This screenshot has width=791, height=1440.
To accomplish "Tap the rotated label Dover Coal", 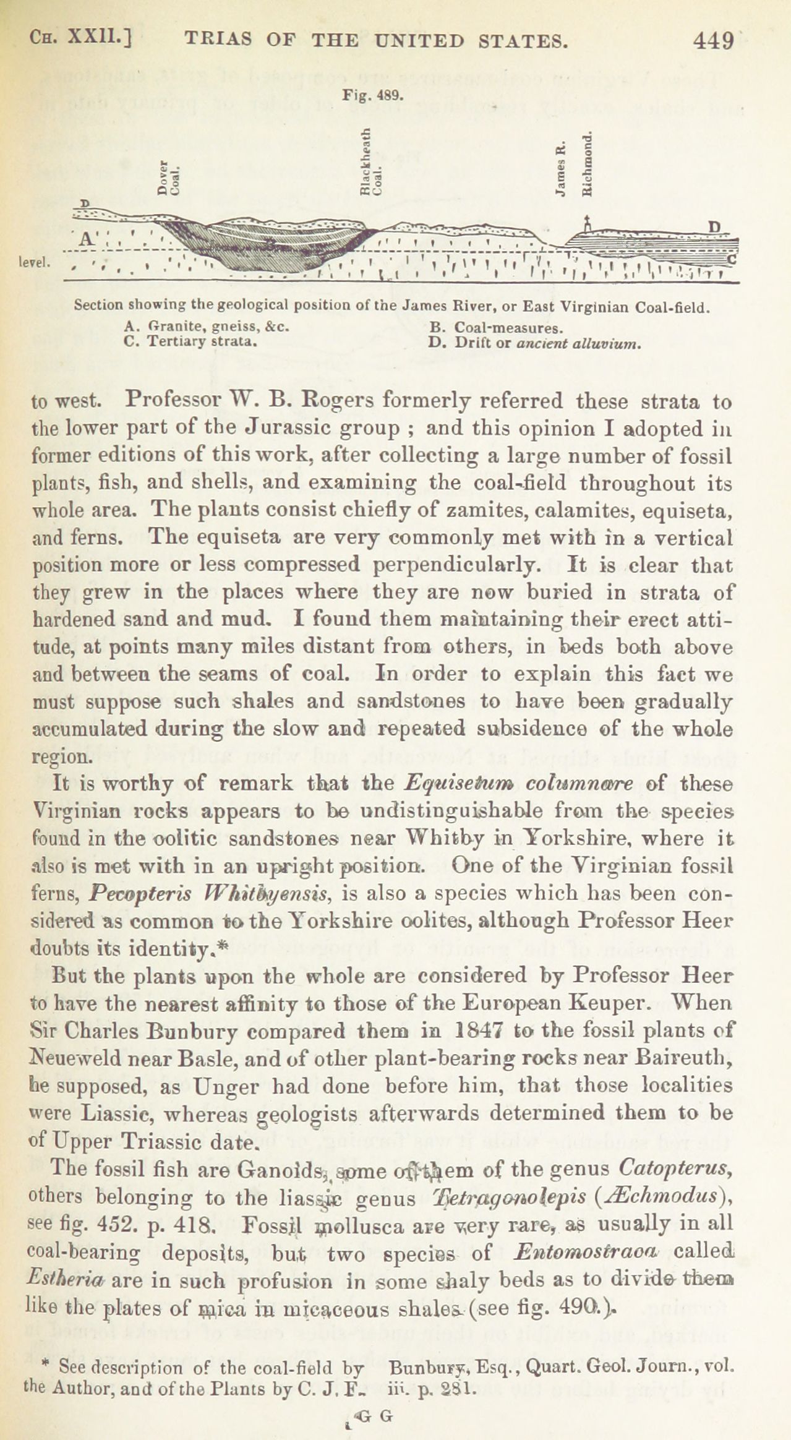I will click(x=168, y=178).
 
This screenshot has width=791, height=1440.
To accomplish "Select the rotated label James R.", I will click(x=561, y=170).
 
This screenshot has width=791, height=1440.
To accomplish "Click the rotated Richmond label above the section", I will click(x=587, y=163).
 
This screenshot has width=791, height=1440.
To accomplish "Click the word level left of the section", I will click(x=34, y=262).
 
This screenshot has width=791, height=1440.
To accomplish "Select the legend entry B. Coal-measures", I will click(x=495, y=327).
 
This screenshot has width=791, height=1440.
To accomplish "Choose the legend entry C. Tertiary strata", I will click(x=191, y=341).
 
